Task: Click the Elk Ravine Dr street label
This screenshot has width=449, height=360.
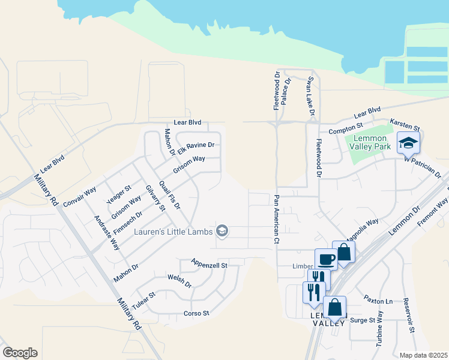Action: pos(194,146)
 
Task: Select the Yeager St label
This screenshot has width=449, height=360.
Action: pos(118,194)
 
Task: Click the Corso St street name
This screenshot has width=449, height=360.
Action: pos(196,313)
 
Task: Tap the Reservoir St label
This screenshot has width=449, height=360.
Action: pos(409,314)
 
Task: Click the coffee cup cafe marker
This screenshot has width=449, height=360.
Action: pos(326,259)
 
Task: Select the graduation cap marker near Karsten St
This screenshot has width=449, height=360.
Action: pos(408,143)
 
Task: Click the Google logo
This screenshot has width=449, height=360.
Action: pos(20,353)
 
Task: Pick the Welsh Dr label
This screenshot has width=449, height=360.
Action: pos(179,283)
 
